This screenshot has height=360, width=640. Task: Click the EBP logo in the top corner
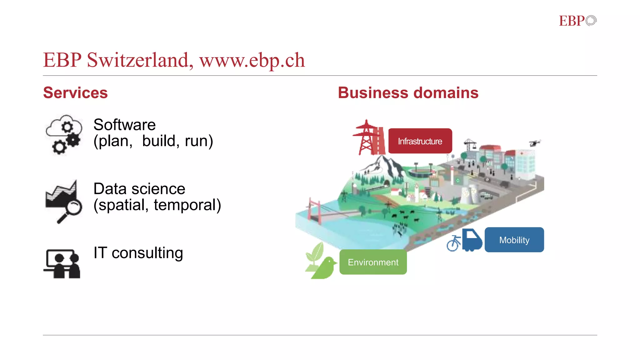pyautogui.click(x=577, y=21)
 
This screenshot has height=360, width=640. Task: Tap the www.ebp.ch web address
pyautogui.click(x=252, y=61)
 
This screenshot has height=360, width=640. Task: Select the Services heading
pyautogui.click(x=75, y=93)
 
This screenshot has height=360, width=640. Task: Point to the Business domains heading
pyautogui.click(x=408, y=93)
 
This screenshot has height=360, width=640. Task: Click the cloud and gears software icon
pyautogui.click(x=64, y=134)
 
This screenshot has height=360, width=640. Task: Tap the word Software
pyautogui.click(x=124, y=125)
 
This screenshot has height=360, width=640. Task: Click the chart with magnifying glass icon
pyautogui.click(x=63, y=201)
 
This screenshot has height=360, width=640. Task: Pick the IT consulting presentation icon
pyautogui.click(x=62, y=263)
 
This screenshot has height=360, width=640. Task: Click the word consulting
pyautogui.click(x=147, y=253)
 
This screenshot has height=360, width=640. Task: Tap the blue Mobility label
pyautogui.click(x=514, y=240)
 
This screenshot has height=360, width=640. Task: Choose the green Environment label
pyautogui.click(x=373, y=262)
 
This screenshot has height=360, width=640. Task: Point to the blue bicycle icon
pyautogui.click(x=453, y=243)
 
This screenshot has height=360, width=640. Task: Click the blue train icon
pyautogui.click(x=472, y=240)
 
